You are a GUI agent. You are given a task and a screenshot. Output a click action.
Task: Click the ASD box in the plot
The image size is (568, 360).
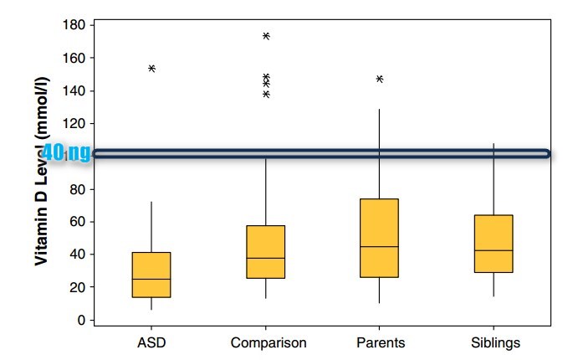pos(151,274)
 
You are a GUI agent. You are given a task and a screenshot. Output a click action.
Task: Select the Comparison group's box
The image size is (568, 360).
pos(265,251)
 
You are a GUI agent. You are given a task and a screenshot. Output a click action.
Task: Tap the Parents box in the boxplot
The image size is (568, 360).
pos(379,238)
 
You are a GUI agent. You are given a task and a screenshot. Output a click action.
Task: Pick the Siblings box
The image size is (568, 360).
pos(494,244)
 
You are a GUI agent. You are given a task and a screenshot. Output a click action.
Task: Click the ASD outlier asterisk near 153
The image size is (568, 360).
pos(151,69)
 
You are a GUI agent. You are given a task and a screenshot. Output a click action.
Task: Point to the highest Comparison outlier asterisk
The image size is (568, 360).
pos(266,36)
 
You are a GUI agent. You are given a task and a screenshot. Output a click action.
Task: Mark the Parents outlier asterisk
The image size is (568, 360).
pos(380,79)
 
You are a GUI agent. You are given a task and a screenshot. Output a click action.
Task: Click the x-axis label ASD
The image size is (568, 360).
pos(151,342)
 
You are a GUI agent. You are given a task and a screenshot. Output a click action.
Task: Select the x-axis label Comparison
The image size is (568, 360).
pos(268,342)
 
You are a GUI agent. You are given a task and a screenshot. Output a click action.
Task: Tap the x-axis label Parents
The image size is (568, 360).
pos(381,342)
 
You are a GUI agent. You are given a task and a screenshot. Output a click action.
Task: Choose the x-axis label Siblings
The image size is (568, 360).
pos(495,342)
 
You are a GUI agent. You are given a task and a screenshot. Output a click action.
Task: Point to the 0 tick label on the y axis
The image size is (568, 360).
pos(81,320)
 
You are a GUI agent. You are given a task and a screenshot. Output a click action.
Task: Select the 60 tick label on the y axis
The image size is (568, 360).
pos(77,222)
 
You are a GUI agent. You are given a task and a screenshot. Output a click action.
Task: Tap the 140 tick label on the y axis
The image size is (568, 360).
pos(74,90)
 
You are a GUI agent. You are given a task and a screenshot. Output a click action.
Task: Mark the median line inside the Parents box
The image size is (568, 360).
pos(379,247)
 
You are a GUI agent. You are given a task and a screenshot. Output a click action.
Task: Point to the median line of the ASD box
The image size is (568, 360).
pos(151,279)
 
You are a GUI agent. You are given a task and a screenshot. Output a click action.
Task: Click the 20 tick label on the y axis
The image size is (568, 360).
pos(77,287)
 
